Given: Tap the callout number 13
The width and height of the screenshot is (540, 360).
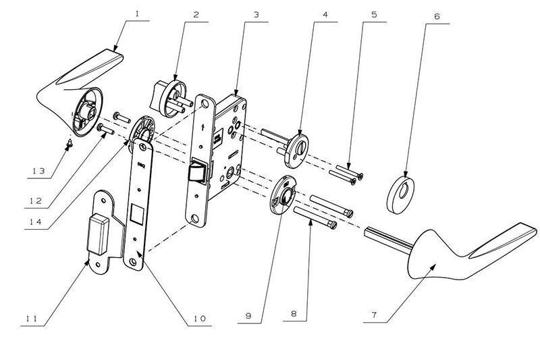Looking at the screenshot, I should click(38, 172).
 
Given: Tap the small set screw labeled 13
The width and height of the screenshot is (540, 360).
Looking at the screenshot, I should click(68, 143).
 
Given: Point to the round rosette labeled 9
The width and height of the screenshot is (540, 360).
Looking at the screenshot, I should click(281, 195).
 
